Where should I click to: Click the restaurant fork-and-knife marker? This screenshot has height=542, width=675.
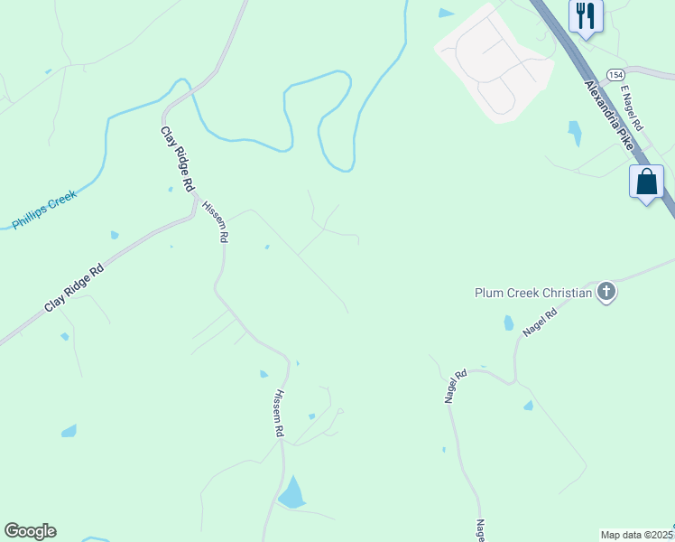586,15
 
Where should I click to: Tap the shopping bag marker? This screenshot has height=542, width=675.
646,182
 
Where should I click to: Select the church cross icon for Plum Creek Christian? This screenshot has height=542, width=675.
606,292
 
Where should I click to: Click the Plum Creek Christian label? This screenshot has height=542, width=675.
533,293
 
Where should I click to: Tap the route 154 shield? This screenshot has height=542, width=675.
615,75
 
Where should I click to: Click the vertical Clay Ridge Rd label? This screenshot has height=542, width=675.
178,158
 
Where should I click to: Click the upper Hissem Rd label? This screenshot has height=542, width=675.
217,222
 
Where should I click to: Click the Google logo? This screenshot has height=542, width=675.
30,531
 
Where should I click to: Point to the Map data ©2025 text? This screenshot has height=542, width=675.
637,535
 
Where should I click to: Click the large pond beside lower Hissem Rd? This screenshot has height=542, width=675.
291,494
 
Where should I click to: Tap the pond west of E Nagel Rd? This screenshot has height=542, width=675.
575,134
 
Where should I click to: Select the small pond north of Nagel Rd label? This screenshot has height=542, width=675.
509,322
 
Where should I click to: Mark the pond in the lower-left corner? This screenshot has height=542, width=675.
69,431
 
